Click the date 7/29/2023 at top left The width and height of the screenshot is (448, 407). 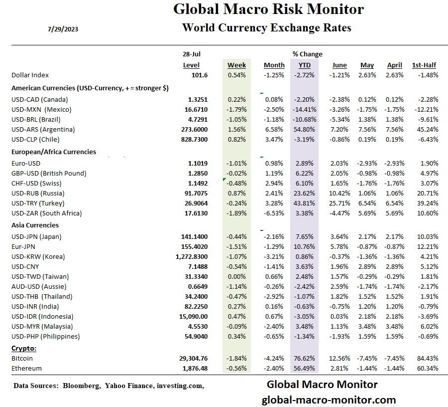[x=63, y=29]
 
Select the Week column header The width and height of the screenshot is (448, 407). [x=236, y=65]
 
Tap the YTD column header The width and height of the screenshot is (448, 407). [x=304, y=65]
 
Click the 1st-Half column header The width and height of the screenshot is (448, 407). [x=424, y=65]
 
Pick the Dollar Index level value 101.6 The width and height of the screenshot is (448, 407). [x=199, y=75]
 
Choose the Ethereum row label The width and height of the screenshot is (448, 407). [x=26, y=368]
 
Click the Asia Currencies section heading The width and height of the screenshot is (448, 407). [x=35, y=225]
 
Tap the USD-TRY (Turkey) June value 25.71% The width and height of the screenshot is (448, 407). [x=340, y=203]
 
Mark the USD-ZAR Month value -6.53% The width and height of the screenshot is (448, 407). [x=274, y=213]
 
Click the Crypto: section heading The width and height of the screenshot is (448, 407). [x=24, y=348]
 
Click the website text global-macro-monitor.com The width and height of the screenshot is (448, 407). [x=329, y=400]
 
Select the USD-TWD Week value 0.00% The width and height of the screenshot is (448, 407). [x=237, y=276]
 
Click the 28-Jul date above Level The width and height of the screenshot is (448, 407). [x=192, y=54]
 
